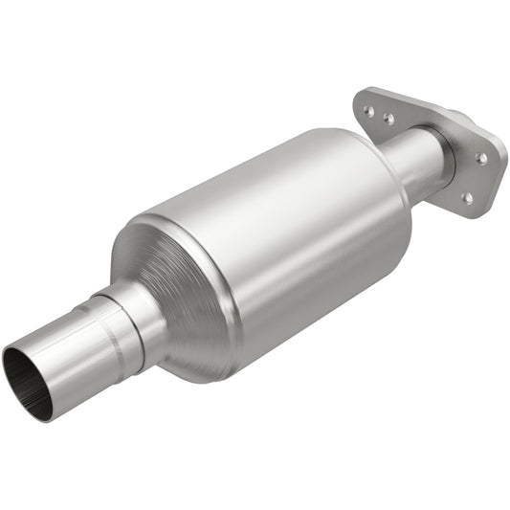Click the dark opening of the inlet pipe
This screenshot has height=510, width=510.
coord(23,368)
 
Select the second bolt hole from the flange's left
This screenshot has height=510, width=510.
coord(388,121)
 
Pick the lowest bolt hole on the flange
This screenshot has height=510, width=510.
coord(466,198)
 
